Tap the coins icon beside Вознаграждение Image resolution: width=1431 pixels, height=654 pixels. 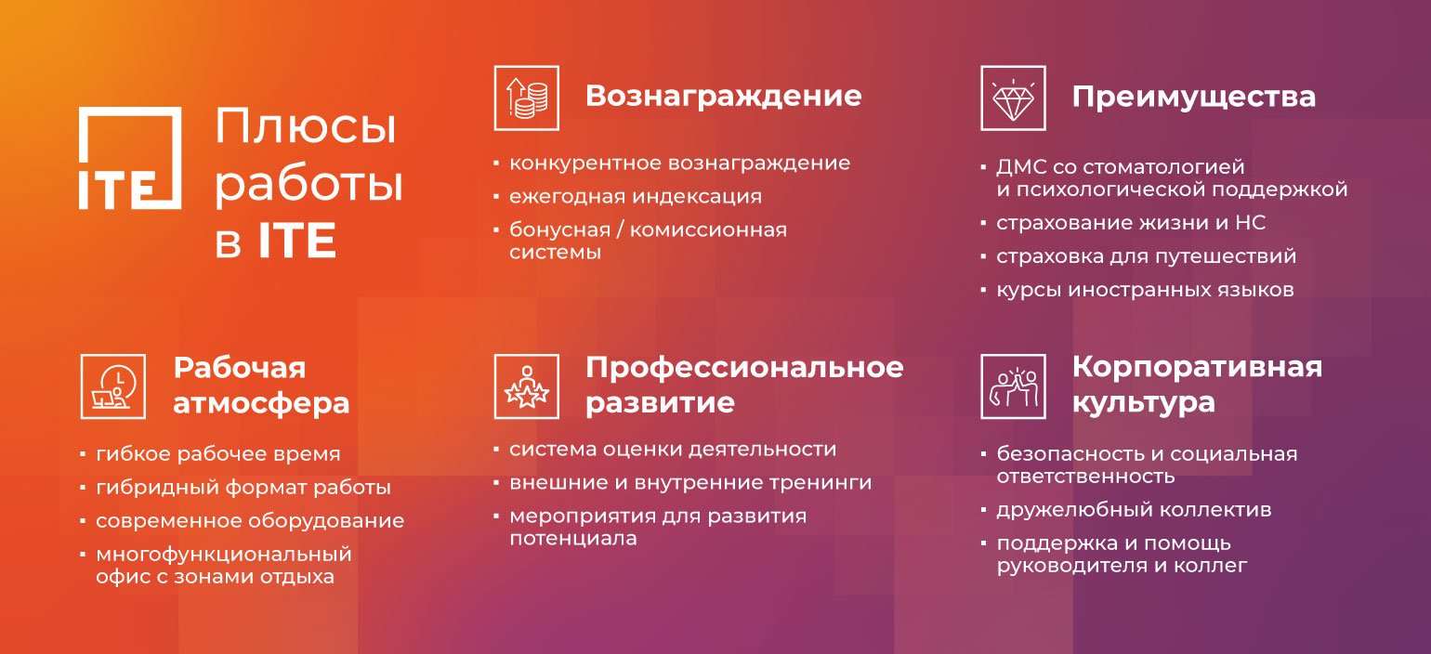point(526,98)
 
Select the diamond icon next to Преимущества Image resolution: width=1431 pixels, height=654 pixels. point(1013,98)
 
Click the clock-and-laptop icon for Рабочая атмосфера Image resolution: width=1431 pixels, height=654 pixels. point(113,386)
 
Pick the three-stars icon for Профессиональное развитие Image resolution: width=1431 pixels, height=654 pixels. point(526,386)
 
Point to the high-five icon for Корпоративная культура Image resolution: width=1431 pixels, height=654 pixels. point(1013,386)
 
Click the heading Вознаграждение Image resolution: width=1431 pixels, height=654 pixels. point(723,97)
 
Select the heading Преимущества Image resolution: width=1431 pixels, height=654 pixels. point(1193,98)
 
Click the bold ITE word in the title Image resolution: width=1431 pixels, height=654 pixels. point(297,240)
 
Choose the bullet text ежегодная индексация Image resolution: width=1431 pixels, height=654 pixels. point(635,196)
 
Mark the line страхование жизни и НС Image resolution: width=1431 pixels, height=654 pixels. point(1131,222)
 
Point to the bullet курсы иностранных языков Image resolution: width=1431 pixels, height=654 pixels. point(1145,289)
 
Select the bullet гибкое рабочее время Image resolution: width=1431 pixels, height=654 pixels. point(217,454)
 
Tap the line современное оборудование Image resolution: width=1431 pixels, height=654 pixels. point(250,520)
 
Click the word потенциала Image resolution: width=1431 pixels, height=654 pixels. point(573,539)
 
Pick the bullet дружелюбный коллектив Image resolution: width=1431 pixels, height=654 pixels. point(1134,510)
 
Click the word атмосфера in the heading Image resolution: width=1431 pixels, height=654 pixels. point(261,403)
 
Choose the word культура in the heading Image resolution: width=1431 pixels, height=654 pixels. point(1144,403)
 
